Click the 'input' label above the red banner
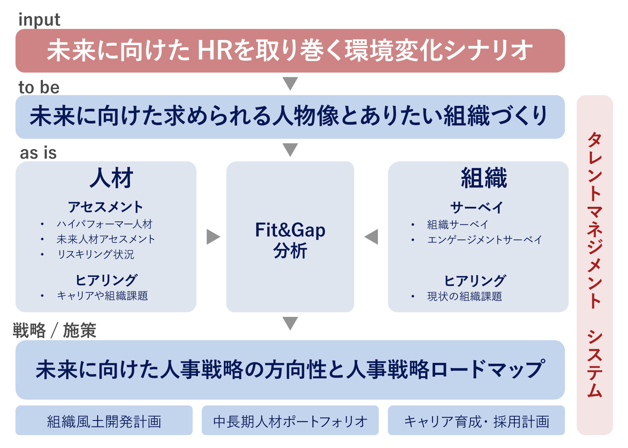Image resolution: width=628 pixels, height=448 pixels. click(39, 20)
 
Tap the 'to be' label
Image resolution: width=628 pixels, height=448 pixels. click(39, 87)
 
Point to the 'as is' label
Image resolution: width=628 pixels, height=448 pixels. click(38, 153)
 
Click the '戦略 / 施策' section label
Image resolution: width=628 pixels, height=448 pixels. click(55, 331)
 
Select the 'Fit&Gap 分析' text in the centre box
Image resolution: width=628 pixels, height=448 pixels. click(290, 240)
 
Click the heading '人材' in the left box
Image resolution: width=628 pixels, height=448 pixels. click(111, 178)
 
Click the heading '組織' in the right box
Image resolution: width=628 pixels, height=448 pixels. click(484, 178)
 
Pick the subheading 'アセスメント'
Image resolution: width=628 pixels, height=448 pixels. click(105, 207)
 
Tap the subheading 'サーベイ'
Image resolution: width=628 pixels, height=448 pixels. click(476, 208)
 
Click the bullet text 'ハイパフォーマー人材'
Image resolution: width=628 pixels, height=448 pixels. click(105, 224)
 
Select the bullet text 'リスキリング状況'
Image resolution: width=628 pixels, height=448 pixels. click(96, 255)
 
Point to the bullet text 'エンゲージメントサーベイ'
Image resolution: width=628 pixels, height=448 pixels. click(485, 239)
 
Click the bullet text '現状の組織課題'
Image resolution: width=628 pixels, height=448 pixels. click(464, 296)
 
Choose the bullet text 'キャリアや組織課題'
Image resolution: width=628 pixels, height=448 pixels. click(102, 296)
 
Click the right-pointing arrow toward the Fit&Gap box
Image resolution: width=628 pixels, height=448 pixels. click(213, 237)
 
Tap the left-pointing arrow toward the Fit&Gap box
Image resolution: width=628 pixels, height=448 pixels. click(371, 237)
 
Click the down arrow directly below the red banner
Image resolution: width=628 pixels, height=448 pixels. click(291, 83)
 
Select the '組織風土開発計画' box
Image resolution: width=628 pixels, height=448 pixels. click(104, 420)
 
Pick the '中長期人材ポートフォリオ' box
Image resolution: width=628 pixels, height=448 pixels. click(290, 420)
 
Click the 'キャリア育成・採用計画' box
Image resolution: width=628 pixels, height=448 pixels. click(476, 420)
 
